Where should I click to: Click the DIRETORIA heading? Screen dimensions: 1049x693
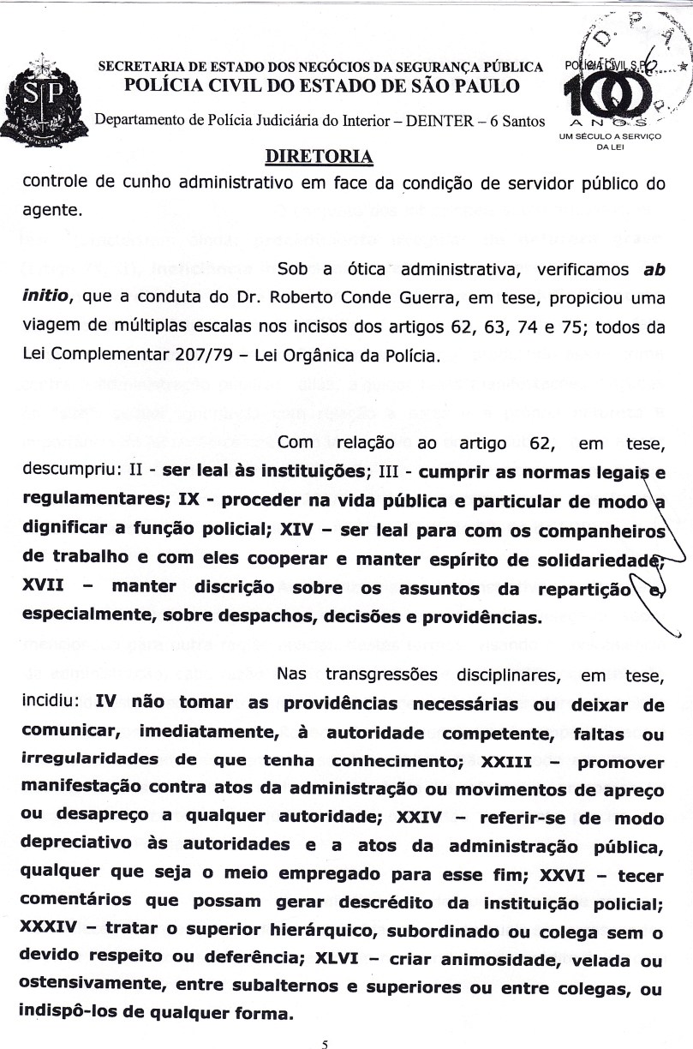pos(320,157)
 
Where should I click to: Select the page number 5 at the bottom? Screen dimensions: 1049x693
pos(325,1043)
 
